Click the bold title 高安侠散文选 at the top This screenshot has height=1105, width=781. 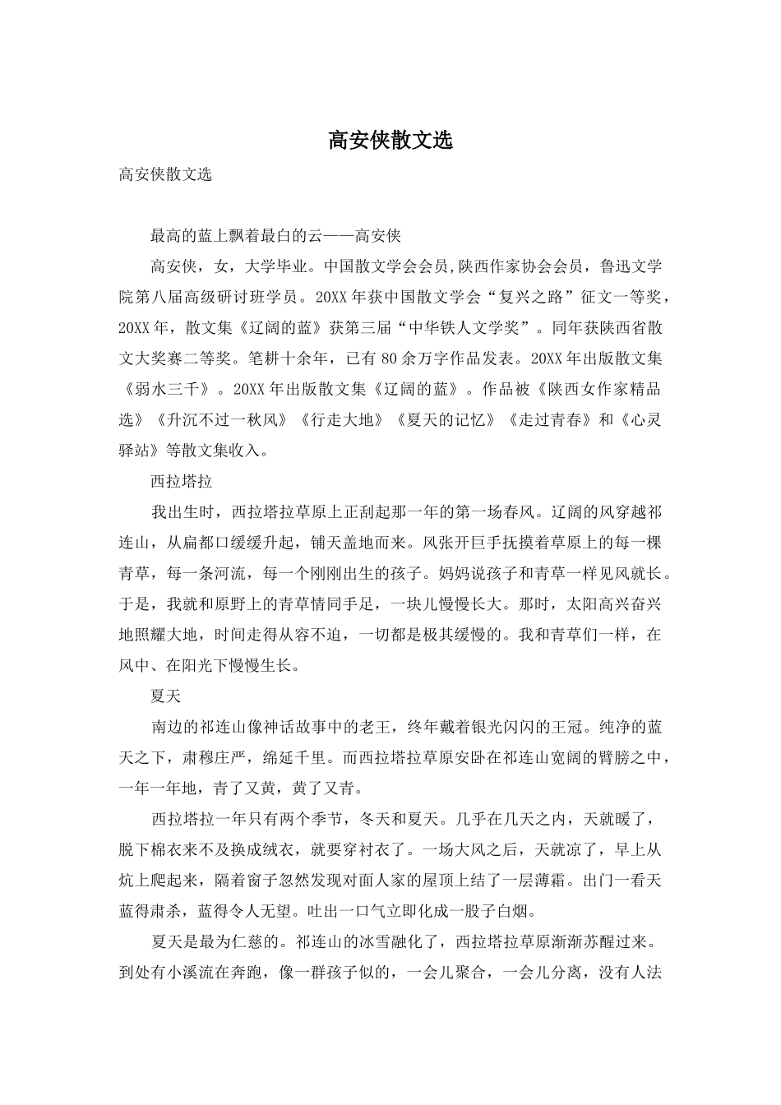[390, 141]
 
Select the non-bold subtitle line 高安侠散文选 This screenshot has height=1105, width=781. [165, 174]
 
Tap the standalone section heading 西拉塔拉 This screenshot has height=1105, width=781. [182, 481]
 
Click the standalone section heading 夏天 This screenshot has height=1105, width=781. [165, 696]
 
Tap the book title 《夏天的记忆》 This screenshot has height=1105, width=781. [444, 419]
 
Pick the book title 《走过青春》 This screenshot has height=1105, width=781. [548, 419]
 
